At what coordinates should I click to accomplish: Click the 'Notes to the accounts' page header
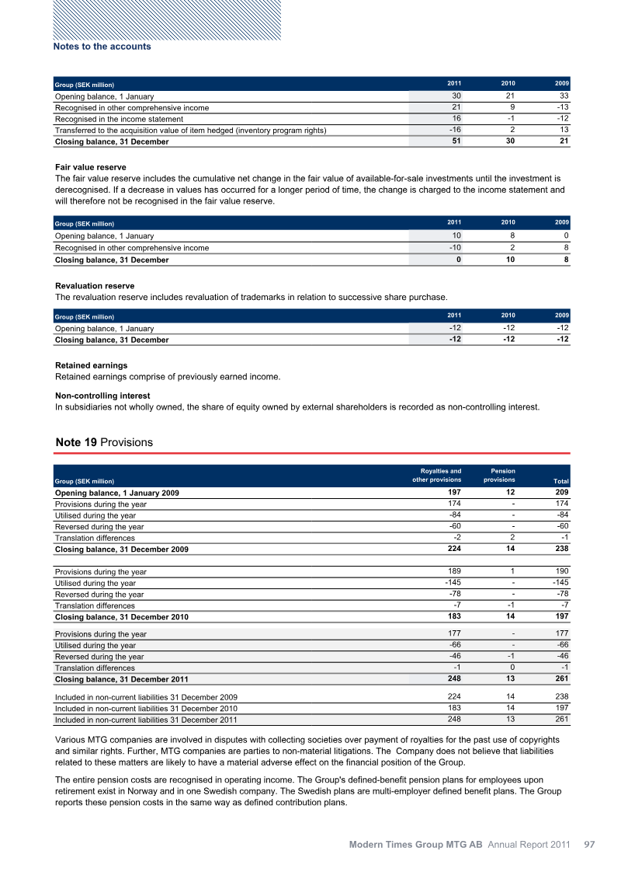click(x=102, y=47)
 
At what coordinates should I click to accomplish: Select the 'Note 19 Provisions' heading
click(x=104, y=442)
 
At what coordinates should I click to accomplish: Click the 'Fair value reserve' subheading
click(x=91, y=167)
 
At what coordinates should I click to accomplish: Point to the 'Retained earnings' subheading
click(x=92, y=365)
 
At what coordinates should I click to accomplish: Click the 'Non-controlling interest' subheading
click(x=102, y=396)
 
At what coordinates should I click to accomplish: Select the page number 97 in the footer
click(x=589, y=844)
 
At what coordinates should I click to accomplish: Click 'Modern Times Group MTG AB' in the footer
click(x=415, y=844)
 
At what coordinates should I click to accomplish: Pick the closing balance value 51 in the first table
click(x=456, y=141)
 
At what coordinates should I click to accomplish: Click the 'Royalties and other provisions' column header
click(x=436, y=475)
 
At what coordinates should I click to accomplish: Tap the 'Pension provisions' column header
click(x=499, y=475)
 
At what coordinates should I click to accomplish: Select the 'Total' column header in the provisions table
click(x=560, y=482)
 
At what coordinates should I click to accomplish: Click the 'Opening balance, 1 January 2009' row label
click(x=117, y=494)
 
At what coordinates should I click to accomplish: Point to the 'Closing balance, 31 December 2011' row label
click(x=121, y=679)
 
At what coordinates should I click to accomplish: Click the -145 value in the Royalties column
click(x=453, y=583)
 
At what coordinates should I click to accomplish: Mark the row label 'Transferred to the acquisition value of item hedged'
click(x=190, y=130)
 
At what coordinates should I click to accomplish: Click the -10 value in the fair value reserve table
click(x=453, y=247)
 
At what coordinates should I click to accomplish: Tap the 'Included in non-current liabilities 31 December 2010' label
click(x=146, y=708)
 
